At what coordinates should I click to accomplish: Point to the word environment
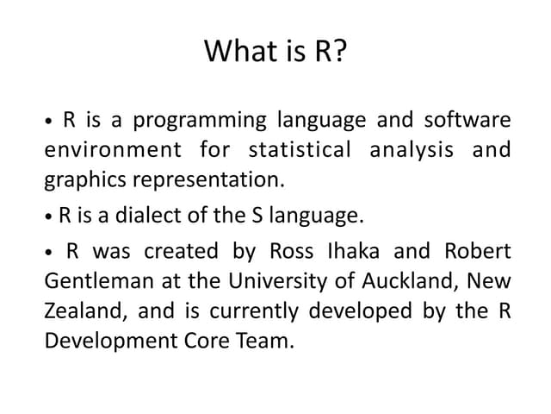point(112,150)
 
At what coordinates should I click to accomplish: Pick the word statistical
point(300,150)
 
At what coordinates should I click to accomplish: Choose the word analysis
point(412,150)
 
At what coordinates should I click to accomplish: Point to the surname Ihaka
point(353,251)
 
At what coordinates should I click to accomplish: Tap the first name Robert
point(478,251)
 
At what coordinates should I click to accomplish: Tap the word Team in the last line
point(267,341)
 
